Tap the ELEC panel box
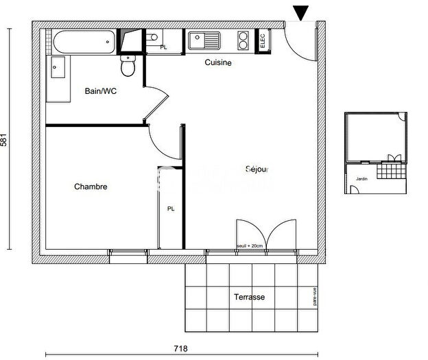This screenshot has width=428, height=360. [262, 40]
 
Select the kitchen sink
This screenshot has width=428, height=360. [204, 40]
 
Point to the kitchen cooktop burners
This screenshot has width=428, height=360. [243, 40]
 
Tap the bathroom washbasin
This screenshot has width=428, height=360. [58, 71]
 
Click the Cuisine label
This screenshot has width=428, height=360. [218, 63]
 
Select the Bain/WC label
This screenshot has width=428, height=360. [100, 91]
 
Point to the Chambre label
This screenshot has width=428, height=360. [91, 187]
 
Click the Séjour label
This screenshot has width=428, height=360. [258, 169]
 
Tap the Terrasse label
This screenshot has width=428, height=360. [248, 297]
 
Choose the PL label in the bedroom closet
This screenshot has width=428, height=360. [170, 208]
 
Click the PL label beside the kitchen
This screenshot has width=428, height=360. [163, 47]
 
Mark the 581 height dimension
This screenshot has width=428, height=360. [7, 139]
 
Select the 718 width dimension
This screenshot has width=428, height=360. [180, 349]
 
